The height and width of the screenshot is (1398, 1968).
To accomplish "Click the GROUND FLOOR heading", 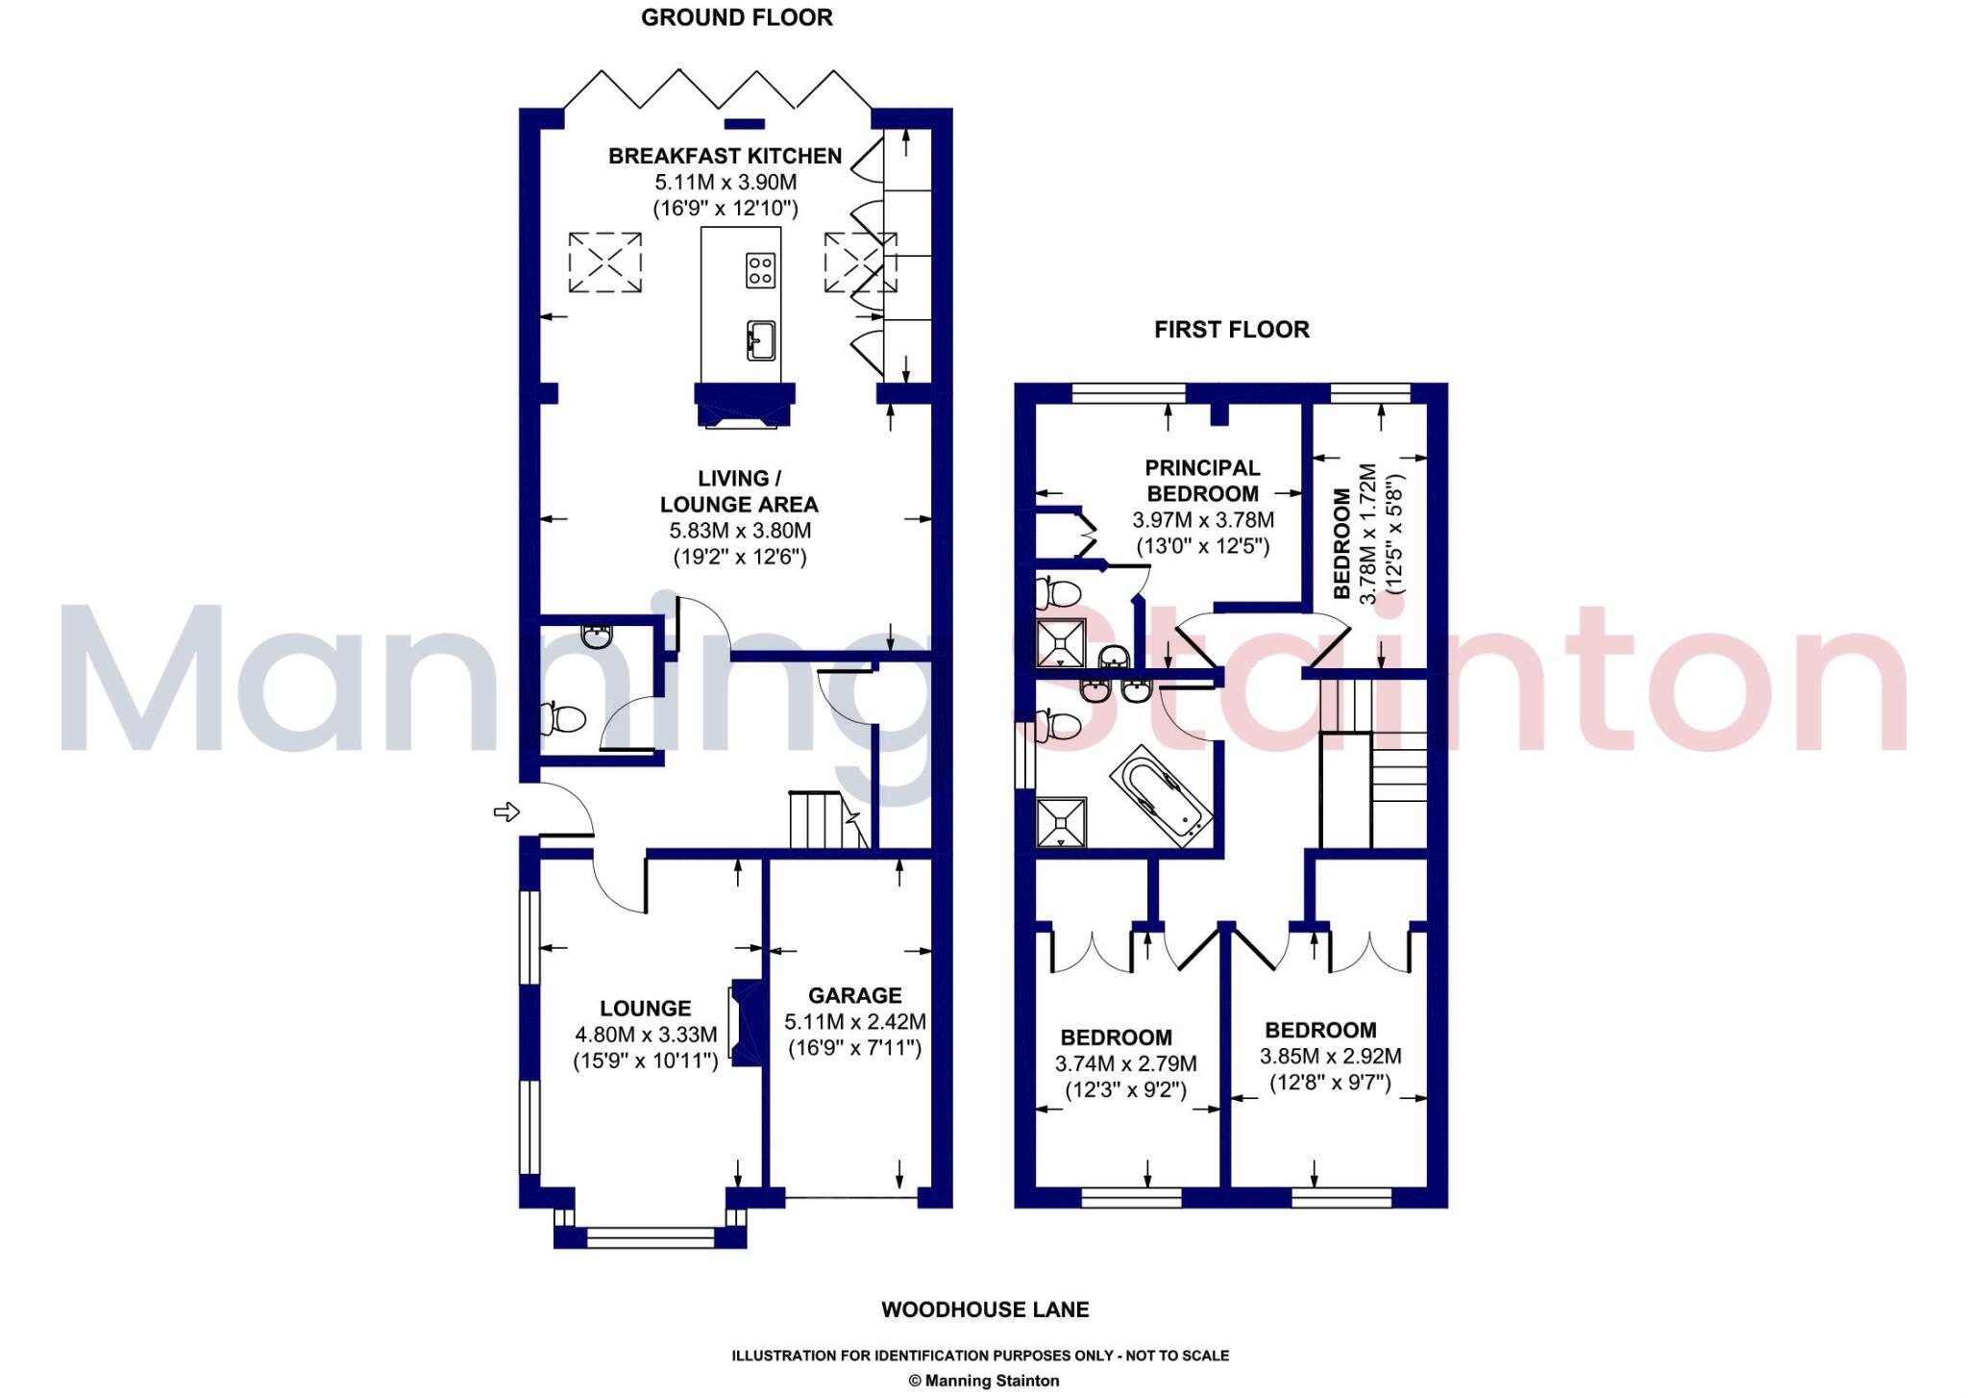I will (x=736, y=17).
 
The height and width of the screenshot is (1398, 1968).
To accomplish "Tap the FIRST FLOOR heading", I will (x=1231, y=330).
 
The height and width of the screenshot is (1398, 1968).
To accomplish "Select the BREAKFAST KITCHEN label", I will (x=725, y=156).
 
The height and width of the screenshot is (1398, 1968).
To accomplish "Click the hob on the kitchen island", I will (x=760, y=269).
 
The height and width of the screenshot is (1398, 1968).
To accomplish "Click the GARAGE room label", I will (x=854, y=995).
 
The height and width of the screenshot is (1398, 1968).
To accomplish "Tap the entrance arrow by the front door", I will (x=506, y=812).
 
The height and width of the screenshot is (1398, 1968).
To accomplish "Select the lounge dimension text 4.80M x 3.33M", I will (x=646, y=1035).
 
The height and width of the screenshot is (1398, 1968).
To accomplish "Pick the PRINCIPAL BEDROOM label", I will (x=1202, y=481).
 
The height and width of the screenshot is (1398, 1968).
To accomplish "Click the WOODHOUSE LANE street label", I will (x=985, y=1310).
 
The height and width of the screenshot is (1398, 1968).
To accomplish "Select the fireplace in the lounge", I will (x=746, y=1023).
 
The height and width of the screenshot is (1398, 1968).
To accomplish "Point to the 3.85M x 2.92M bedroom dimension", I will (x=1330, y=1056).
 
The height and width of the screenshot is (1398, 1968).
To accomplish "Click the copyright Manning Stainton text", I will (x=984, y=1381).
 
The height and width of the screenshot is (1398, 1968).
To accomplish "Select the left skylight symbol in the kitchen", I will (x=604, y=262).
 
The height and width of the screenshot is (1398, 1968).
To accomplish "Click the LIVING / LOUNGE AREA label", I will (x=739, y=491).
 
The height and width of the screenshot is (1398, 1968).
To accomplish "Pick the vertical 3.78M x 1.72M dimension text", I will (x=1368, y=534).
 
